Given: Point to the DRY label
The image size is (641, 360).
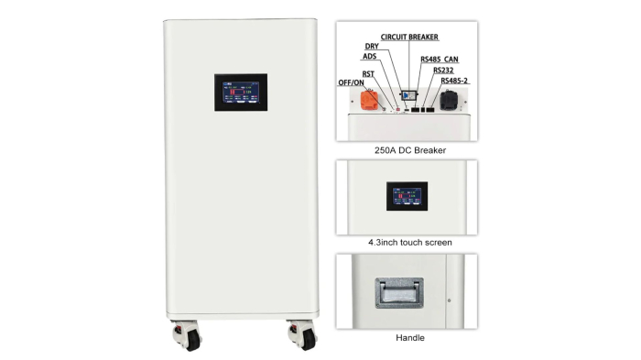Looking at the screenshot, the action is pos(372,46).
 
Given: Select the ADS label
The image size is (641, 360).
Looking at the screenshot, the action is pos(369,56).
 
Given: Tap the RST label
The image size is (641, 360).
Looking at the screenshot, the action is pos(366,72).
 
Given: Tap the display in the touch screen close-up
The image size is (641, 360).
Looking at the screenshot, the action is pos(407,195).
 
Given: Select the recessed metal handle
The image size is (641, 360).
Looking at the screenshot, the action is pos(397,292).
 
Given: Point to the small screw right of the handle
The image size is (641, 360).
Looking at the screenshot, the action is pos(449,300).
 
